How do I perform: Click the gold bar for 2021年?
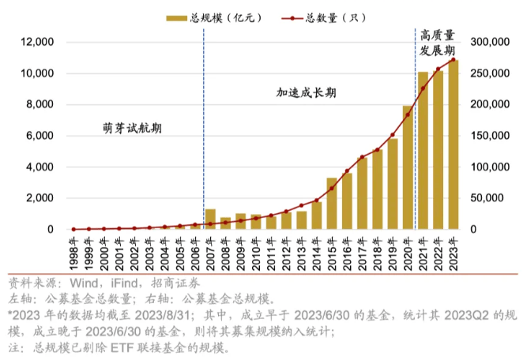pos(423,151)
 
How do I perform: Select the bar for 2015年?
pos(332,204)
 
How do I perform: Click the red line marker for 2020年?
pos(408,115)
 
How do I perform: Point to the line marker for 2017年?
pos(362,157)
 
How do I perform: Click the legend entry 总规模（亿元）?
pos(212,17)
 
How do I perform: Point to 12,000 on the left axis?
pos(37,42)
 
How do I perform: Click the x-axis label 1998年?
pos(73,252)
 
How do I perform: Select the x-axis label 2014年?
pos(317,252)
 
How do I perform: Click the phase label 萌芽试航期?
pos(126,128)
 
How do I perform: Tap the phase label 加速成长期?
pos(307,92)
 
